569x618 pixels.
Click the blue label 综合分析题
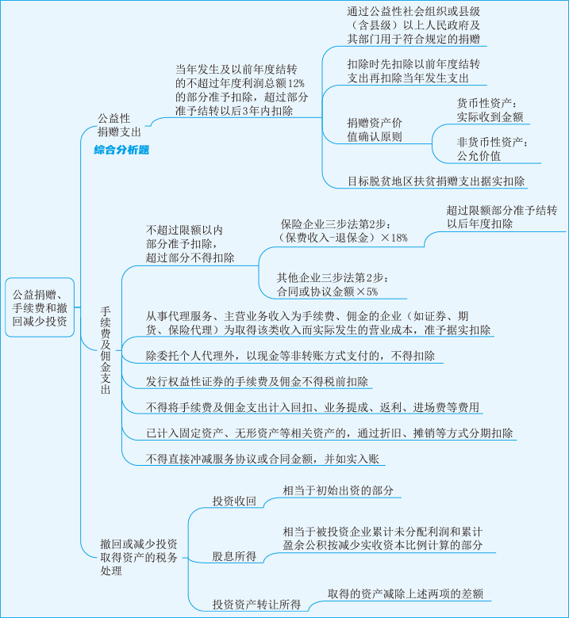click(x=121, y=149)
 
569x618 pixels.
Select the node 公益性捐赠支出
click(x=119, y=124)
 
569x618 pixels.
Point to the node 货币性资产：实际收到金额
click(x=490, y=110)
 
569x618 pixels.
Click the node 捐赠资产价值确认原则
click(x=375, y=129)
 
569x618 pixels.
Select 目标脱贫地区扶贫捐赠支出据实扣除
click(x=436, y=181)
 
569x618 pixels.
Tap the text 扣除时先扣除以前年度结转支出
click(x=413, y=71)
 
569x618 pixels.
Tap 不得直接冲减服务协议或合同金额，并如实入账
click(x=263, y=458)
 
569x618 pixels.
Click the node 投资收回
click(x=234, y=501)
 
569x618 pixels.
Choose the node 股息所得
click(x=233, y=555)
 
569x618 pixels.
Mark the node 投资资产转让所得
click(x=256, y=604)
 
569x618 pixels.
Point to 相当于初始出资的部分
click(x=338, y=490)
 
